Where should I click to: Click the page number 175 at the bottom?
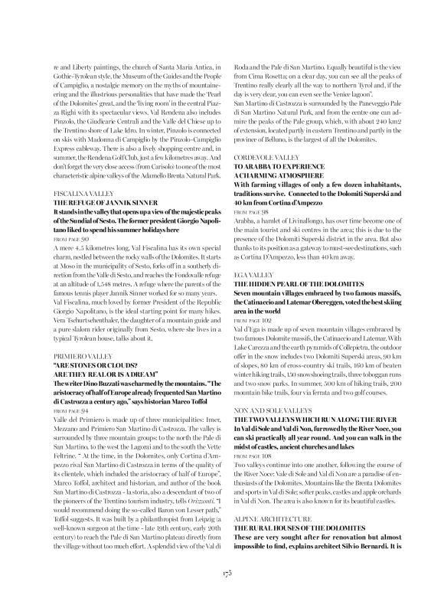click(222, 571)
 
